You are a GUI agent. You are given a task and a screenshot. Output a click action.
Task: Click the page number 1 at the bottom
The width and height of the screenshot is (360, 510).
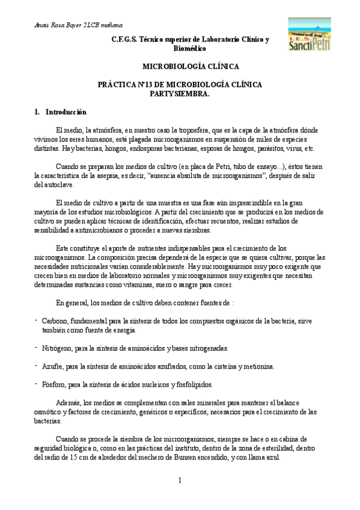click(180, 480)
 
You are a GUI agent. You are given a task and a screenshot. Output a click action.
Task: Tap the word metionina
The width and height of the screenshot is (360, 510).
click(257, 366)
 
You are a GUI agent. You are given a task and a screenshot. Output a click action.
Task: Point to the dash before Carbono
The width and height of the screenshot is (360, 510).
click(36, 318)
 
